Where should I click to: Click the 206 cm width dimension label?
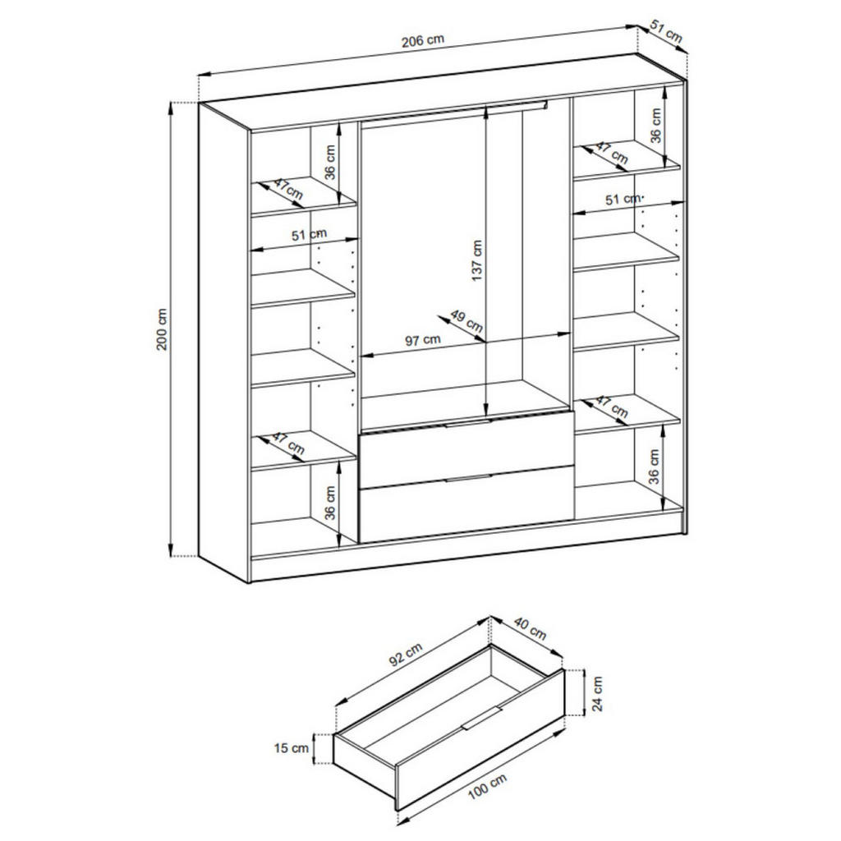pos(423,40)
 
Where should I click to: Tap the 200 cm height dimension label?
pos(162,329)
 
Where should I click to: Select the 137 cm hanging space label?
pos(477,260)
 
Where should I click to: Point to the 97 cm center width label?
pos(423,339)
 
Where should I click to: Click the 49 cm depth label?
pos(466,321)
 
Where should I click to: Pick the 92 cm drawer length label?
pos(406,655)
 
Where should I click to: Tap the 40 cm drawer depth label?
pos(530,628)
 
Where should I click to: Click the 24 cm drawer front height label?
pos(597,693)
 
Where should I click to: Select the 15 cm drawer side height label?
pos(292,747)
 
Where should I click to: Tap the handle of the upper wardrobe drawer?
pos(467,424)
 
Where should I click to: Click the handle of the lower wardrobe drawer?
pos(467,478)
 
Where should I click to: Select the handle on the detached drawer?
pos(481,718)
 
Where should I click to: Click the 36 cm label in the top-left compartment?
pos(330,163)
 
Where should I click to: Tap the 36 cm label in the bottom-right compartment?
pos(655,466)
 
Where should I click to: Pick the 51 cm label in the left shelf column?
pos(309,235)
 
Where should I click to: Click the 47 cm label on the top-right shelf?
pos(611,152)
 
